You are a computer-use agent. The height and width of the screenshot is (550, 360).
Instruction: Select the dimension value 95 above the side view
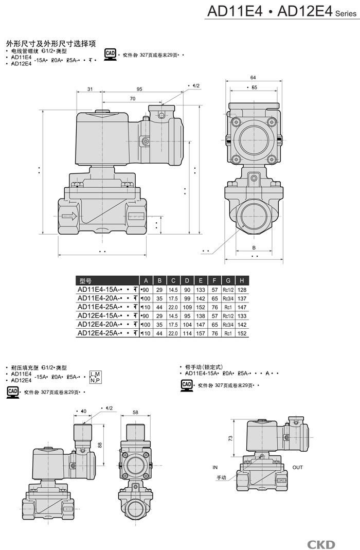(139, 89)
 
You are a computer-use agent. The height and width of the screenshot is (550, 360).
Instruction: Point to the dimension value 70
(132, 98)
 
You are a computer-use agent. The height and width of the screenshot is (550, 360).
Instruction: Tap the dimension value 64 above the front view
(253, 78)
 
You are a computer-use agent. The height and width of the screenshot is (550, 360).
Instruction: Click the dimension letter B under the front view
(254, 247)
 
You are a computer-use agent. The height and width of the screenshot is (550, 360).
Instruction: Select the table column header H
(241, 280)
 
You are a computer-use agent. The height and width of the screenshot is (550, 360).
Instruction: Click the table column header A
(146, 280)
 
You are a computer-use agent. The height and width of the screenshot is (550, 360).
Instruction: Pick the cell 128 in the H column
(242, 290)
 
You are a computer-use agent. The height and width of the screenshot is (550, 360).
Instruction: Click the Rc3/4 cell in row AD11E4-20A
(228, 298)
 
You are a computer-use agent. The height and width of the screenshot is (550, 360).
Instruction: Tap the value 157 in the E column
(201, 333)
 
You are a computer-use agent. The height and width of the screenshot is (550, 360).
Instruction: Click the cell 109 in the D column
(187, 307)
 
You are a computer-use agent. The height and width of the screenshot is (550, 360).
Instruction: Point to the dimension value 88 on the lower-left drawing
(100, 446)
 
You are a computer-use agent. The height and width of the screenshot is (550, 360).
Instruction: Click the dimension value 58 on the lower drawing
(135, 412)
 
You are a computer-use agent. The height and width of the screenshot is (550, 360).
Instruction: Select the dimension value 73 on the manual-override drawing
(230, 438)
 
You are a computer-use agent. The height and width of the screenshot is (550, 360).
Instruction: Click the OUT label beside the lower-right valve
(298, 467)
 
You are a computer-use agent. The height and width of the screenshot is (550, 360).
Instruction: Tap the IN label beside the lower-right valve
(215, 467)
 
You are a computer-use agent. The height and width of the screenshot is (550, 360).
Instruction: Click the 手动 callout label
(222, 477)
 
